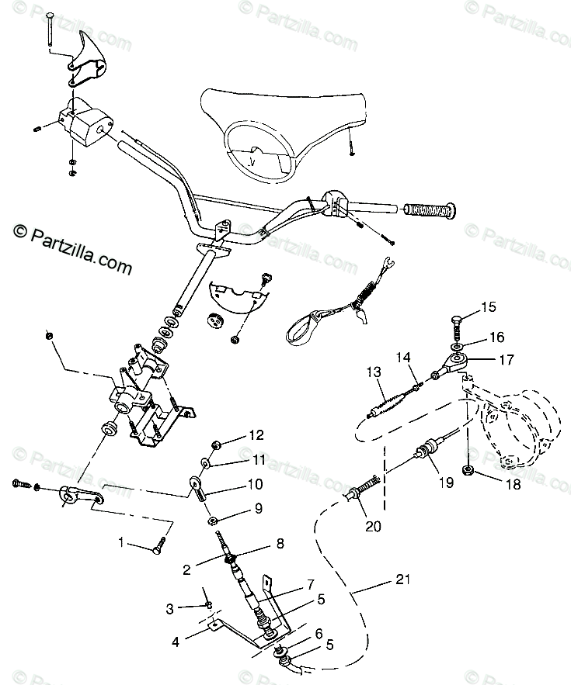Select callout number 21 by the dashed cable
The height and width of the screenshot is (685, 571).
pyautogui.click(x=403, y=579)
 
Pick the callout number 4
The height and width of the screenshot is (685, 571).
pyautogui.click(x=176, y=643)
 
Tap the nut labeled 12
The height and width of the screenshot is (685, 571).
pyautogui.click(x=217, y=445)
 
